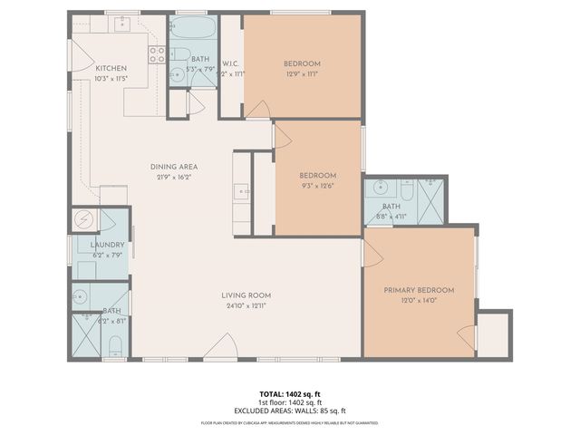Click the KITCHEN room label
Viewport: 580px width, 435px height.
[x=111, y=68]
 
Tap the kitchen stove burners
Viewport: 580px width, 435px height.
[x=156, y=53]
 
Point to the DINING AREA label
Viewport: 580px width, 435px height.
[x=173, y=166]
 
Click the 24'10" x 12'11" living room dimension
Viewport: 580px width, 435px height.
[x=246, y=305]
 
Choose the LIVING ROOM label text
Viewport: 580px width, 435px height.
[x=246, y=295]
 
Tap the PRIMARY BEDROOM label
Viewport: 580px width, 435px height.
[x=418, y=290]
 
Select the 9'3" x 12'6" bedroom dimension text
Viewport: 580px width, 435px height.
[x=317, y=186]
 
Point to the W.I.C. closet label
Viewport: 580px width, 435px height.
[x=229, y=63]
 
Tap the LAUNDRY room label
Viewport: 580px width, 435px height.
[x=107, y=245]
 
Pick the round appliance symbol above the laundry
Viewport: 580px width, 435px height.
[x=83, y=218]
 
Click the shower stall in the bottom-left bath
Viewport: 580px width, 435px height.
[x=86, y=335]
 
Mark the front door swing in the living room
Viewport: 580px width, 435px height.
[x=221, y=347]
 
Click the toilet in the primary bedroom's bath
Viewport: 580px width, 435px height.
[x=406, y=191]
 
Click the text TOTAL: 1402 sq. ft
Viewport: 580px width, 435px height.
[x=289, y=393]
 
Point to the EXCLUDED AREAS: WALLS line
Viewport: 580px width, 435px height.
[x=289, y=410]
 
